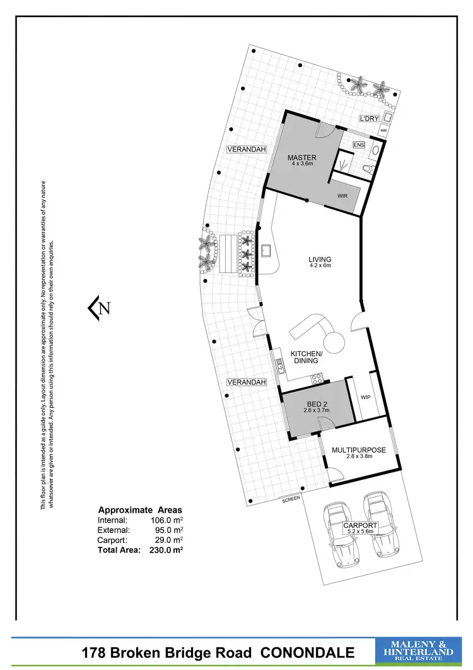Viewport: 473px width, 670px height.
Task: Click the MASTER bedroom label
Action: coord(301,158)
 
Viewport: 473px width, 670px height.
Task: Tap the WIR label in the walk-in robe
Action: coord(342,196)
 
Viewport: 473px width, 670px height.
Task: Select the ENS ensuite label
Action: coord(359,145)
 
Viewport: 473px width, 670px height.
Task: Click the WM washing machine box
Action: coord(383,130)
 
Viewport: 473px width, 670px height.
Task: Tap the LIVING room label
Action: coord(320,260)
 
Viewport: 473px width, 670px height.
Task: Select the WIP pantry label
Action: coord(365,398)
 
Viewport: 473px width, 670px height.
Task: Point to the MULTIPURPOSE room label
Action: coord(363,450)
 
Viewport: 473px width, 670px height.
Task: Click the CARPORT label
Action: coord(360,525)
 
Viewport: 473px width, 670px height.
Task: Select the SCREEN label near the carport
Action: coord(291,498)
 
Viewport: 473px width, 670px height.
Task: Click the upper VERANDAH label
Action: coord(246,149)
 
